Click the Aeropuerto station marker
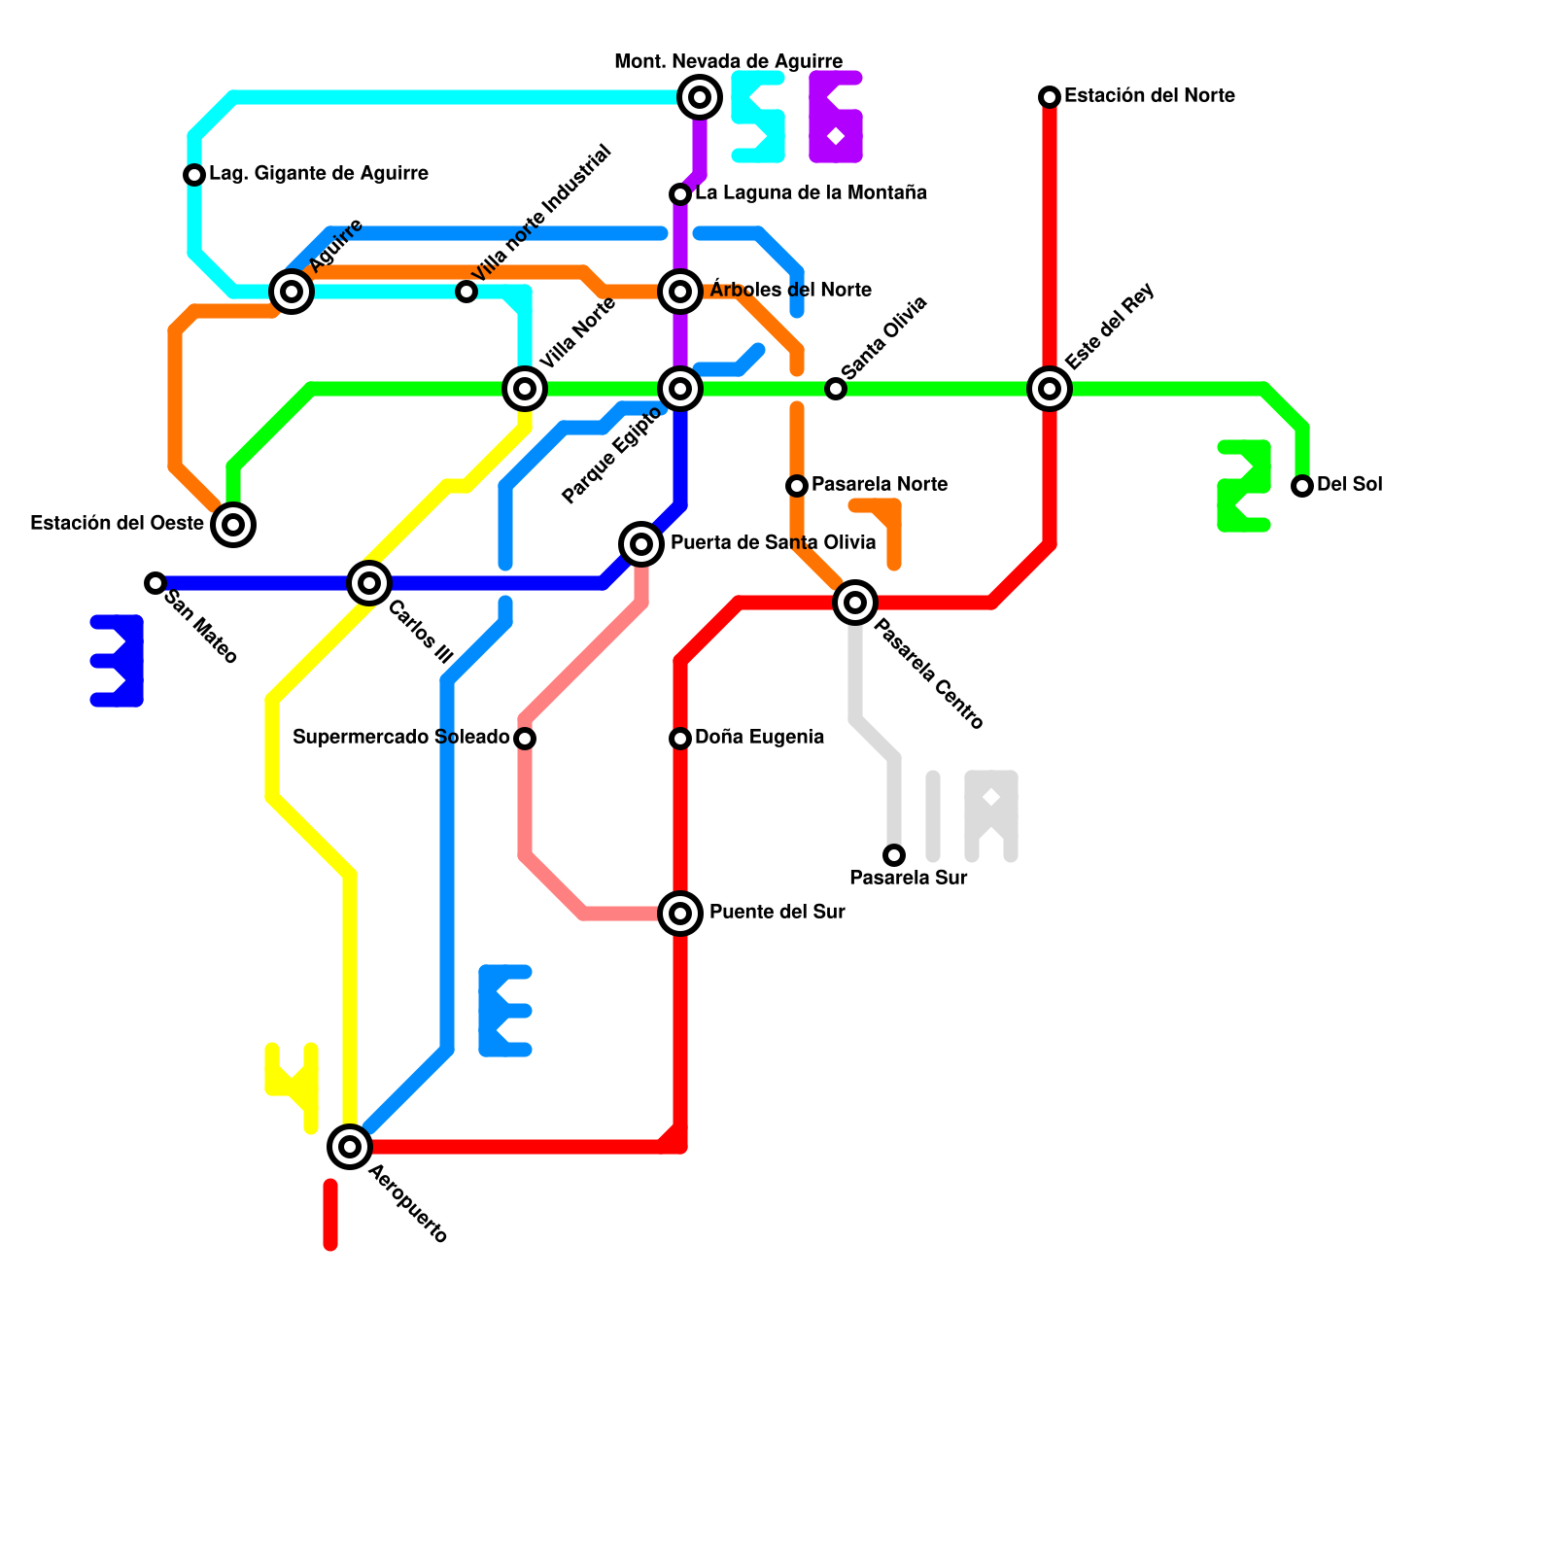[350, 1147]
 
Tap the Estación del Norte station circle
[1050, 97]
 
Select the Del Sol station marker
[1302, 486]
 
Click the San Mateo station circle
[155, 583]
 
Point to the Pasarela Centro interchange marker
[855, 603]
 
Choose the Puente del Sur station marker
[680, 914]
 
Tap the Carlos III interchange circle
[369, 583]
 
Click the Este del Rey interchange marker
[1050, 389]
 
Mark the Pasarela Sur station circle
[894, 855]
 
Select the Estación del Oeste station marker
[233, 525]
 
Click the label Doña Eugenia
[759, 738]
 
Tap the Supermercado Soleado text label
[400, 738]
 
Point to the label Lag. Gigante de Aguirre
[319, 174]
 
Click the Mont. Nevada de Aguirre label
[728, 62]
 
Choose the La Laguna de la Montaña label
[811, 193]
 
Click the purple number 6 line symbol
[836, 117]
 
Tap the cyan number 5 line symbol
[758, 117]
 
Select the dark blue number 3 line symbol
[117, 661]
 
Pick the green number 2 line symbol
[1244, 486]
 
